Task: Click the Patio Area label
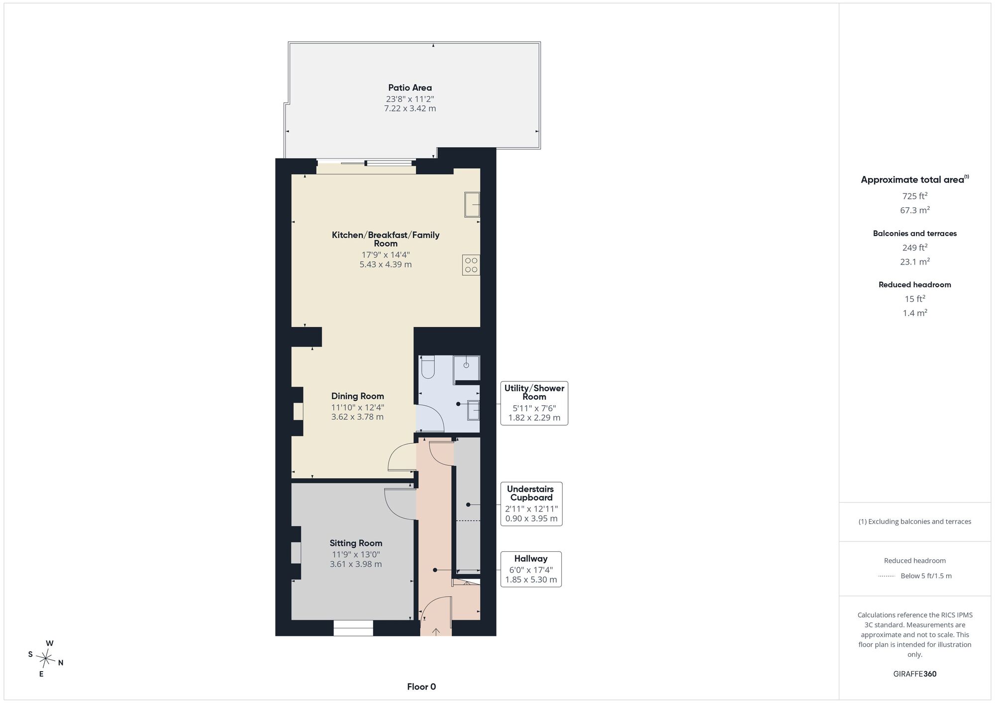pos(410,88)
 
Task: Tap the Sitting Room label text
pos(356,543)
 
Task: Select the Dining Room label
pos(358,396)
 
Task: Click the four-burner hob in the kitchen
pos(471,265)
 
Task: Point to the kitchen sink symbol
pos(472,204)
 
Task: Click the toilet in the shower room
pos(428,366)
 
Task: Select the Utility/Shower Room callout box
pos(534,403)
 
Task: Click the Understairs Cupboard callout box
pos(531,504)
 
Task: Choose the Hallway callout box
pos(531,569)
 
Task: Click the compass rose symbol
pos(46,659)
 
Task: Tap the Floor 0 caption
pos(421,687)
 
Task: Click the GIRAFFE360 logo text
pos(915,674)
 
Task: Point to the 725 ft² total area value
pos(915,196)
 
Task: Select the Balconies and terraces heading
pos(915,233)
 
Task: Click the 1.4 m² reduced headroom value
pos(915,313)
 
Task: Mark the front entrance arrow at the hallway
pos(436,632)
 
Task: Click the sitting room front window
pos(353,628)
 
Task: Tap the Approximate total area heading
pos(915,179)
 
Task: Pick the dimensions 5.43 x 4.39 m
pos(386,264)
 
